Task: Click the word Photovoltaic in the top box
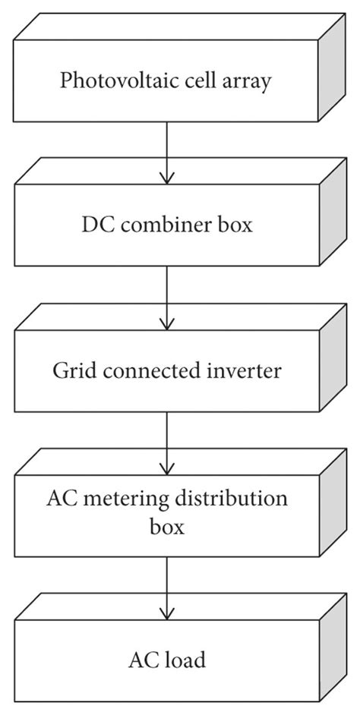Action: coord(101,81)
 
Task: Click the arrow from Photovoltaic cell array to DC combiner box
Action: coord(166,152)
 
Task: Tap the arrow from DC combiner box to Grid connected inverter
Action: coord(166,297)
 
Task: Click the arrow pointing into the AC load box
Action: coord(166,587)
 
